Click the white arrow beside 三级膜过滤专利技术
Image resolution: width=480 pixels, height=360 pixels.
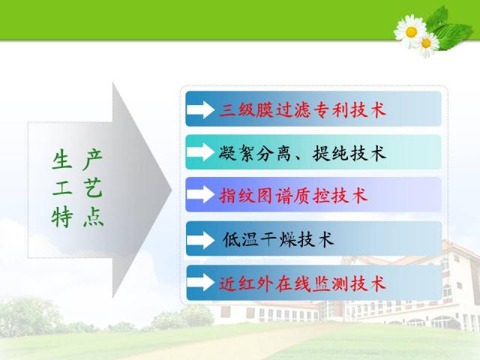[200, 109]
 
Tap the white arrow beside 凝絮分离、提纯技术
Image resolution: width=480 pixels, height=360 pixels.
[200, 152]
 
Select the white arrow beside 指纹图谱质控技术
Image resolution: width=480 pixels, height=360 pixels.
[200, 195]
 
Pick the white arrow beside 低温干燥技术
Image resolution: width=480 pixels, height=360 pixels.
[200, 240]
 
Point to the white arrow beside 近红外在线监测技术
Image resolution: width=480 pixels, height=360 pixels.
[200, 283]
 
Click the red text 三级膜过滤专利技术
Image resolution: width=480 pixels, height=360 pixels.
[302, 110]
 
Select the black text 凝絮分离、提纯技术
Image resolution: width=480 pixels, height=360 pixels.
[302, 153]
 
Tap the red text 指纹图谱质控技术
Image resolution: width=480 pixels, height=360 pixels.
[293, 195]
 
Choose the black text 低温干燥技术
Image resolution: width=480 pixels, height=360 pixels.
[278, 239]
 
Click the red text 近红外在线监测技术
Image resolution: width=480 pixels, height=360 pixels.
[302, 283]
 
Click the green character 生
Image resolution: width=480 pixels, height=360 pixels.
[61, 160]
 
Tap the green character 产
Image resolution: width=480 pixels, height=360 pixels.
[92, 160]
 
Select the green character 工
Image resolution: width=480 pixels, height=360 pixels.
[61, 187]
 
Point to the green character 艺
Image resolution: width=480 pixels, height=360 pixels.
[92, 187]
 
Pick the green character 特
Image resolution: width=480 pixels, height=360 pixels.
[61, 217]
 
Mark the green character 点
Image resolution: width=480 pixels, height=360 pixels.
[93, 217]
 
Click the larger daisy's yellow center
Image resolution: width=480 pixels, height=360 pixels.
[411, 31]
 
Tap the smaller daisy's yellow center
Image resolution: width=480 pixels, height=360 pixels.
[426, 43]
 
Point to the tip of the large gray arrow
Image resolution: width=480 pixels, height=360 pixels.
[171, 190]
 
